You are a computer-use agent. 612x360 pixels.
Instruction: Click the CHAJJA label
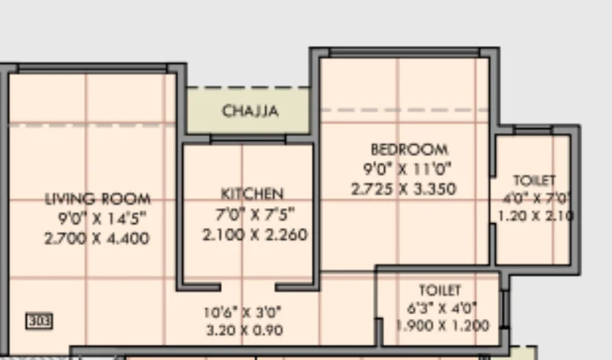250,111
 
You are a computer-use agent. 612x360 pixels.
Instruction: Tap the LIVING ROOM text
97,199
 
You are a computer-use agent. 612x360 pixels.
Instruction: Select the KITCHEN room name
252,194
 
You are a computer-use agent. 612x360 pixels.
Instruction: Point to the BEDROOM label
409,150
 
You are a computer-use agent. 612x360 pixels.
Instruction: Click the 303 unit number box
39,321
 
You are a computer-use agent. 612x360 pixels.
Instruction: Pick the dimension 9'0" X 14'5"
102,218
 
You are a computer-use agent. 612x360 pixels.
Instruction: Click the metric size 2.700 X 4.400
97,238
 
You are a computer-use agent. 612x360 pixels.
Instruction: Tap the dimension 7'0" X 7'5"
255,214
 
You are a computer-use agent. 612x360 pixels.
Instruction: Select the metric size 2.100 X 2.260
255,234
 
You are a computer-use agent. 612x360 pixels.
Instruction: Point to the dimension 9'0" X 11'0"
407,169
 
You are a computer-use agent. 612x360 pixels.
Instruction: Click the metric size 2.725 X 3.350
404,189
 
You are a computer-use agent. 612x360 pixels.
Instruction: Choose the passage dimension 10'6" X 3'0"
242,312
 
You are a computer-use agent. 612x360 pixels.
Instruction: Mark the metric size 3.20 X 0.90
245,331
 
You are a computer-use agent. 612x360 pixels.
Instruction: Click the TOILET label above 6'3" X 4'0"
440,290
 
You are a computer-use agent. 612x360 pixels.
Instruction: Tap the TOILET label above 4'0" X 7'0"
534,180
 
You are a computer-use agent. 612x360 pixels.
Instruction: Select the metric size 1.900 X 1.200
443,325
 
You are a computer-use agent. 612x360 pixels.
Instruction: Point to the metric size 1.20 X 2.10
535,216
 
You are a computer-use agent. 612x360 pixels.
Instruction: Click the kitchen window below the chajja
248,138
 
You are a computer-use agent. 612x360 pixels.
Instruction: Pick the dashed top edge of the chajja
249,87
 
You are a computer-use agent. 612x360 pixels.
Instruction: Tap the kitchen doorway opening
248,287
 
